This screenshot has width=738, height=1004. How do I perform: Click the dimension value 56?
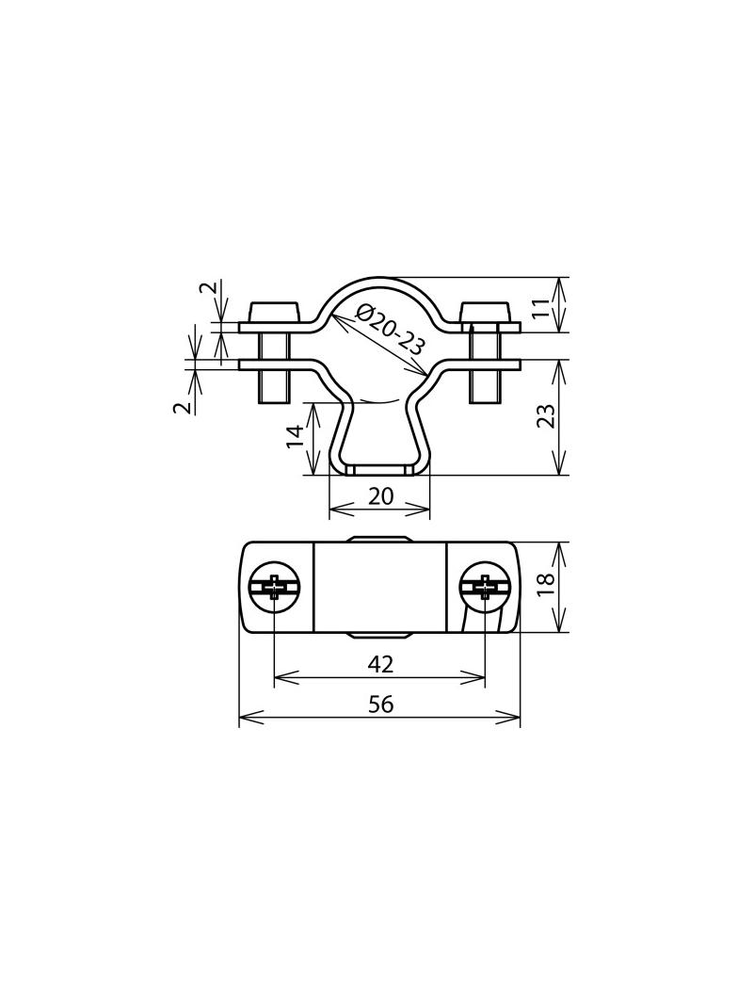(380, 704)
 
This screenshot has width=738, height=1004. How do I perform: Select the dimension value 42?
(380, 664)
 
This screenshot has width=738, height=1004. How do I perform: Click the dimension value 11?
(541, 307)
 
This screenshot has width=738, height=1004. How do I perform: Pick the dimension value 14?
(296, 435)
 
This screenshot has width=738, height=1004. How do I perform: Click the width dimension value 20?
(380, 496)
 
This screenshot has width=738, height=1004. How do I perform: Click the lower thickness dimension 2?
(184, 405)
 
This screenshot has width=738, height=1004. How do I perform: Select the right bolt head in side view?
(485, 312)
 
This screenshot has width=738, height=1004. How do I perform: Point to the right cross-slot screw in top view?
(485, 588)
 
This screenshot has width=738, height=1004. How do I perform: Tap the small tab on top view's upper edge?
(379, 541)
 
